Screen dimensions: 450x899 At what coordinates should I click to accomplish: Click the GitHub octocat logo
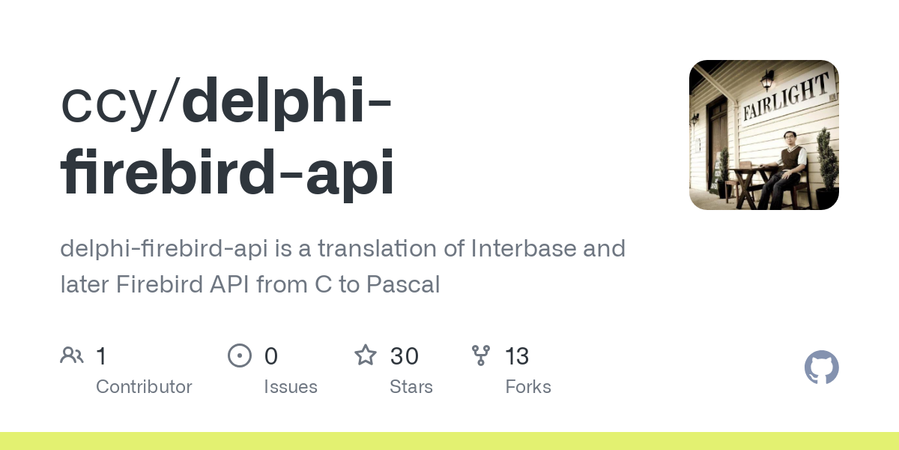pyautogui.click(x=821, y=367)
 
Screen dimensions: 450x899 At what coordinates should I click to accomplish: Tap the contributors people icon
pyautogui.click(x=72, y=355)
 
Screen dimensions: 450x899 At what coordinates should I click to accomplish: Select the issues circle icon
pyautogui.click(x=240, y=355)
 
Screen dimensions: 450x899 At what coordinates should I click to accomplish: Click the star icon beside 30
pyautogui.click(x=366, y=355)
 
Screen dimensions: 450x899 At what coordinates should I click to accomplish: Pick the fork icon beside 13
pyautogui.click(x=481, y=355)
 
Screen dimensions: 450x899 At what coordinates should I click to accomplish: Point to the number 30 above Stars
pyautogui.click(x=405, y=356)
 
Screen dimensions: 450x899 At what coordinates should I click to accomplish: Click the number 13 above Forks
pyautogui.click(x=517, y=356)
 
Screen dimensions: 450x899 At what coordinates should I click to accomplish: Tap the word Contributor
pyautogui.click(x=144, y=387)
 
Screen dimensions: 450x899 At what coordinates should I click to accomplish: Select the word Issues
pyautogui.click(x=291, y=387)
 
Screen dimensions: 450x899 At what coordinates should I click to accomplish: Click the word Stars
pyautogui.click(x=411, y=387)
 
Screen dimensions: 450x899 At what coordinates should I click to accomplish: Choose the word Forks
pyautogui.click(x=528, y=387)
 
